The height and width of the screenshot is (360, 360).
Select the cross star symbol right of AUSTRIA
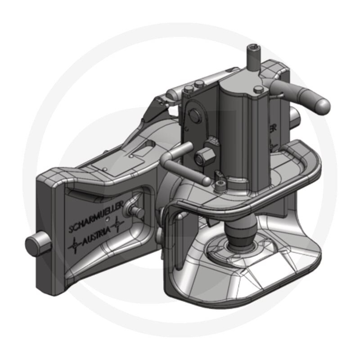tap(118, 223)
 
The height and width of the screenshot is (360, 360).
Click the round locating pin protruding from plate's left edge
tap(32, 245)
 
